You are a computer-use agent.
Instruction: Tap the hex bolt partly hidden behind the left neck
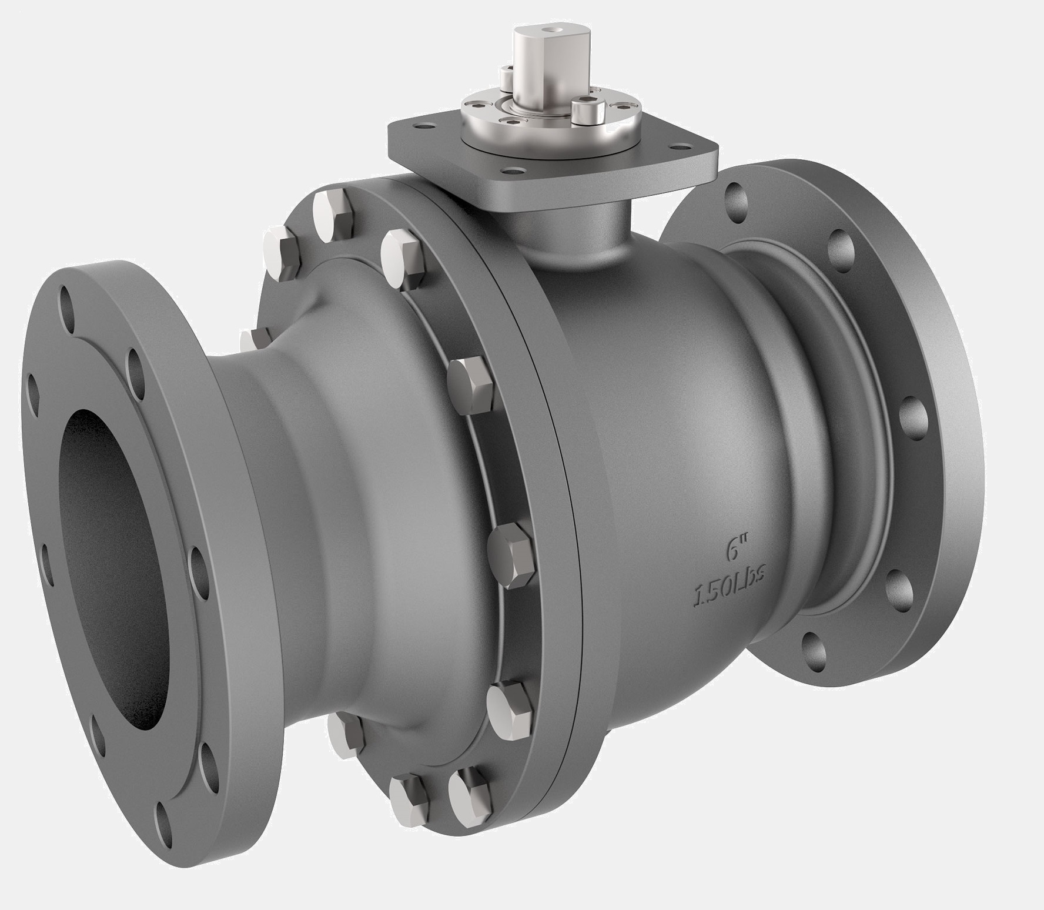255,341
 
